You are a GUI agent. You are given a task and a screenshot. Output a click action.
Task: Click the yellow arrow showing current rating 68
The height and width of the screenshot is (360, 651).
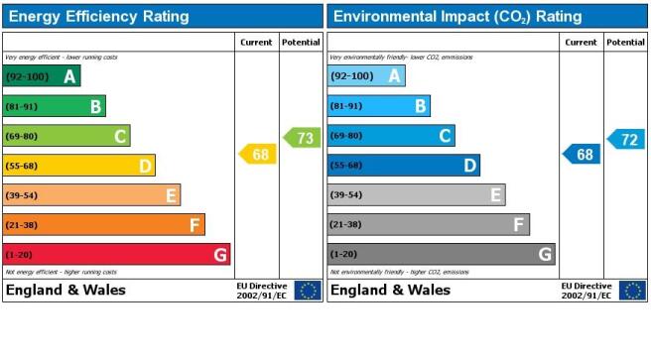tap(258, 154)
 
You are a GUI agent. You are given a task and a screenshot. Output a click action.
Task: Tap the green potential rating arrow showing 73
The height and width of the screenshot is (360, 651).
tap(303, 138)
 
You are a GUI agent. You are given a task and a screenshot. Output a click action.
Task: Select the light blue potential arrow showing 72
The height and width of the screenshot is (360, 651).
tap(626, 140)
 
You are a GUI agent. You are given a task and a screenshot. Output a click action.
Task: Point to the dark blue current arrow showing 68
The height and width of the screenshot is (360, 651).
tap(582, 154)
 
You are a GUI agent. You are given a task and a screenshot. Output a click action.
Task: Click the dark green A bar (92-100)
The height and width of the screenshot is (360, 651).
tap(42, 76)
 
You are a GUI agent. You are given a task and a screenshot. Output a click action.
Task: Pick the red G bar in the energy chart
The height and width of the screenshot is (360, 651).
tap(116, 254)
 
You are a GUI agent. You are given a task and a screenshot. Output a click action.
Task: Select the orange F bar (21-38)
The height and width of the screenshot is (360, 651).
tap(104, 225)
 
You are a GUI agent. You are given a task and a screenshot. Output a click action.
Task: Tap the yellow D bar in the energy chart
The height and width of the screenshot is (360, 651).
tap(78, 166)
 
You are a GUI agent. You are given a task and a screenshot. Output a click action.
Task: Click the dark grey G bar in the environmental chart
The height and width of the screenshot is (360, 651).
tap(442, 254)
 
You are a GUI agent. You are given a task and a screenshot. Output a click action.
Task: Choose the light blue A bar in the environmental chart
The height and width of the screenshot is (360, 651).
tap(366, 75)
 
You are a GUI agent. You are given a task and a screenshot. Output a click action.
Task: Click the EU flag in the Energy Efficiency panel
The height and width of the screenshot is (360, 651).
tap(308, 291)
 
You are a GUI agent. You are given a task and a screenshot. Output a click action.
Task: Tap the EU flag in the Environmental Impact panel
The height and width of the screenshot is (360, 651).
tap(633, 291)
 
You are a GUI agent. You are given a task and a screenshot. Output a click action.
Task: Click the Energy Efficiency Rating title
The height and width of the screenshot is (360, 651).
tap(99, 17)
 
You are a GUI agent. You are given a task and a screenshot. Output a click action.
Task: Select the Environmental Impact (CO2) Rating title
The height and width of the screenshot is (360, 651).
tap(457, 17)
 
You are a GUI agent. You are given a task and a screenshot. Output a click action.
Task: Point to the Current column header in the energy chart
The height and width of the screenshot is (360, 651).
tap(256, 43)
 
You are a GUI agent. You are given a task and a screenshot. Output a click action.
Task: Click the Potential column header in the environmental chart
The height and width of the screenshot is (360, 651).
tap(625, 43)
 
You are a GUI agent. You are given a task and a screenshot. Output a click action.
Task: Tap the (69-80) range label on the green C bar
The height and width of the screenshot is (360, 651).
tap(22, 136)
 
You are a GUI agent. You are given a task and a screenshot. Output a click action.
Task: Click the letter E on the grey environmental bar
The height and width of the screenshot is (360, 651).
tap(495, 194)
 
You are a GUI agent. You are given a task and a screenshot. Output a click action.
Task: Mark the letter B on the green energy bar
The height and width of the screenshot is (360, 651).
tap(96, 106)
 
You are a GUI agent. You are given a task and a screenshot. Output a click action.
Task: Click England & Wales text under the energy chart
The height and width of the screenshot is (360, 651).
tap(65, 290)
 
